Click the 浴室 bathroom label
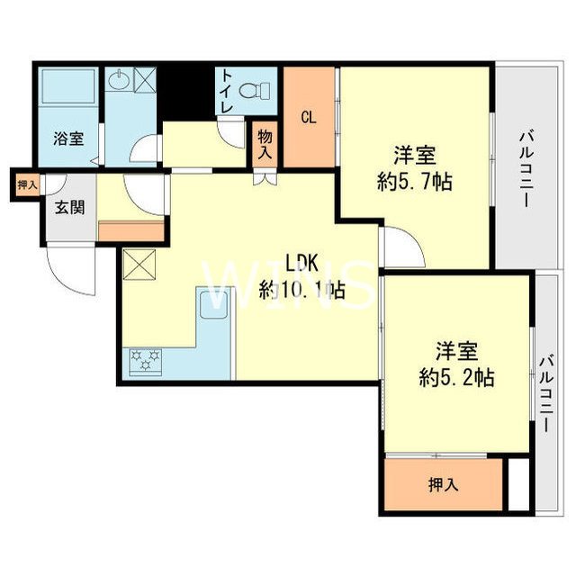[68, 139]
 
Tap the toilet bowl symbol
[262, 91]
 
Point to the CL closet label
[308, 116]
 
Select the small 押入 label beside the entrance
[27, 184]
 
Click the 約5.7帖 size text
[413, 180]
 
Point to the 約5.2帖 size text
[456, 377]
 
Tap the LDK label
[303, 263]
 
